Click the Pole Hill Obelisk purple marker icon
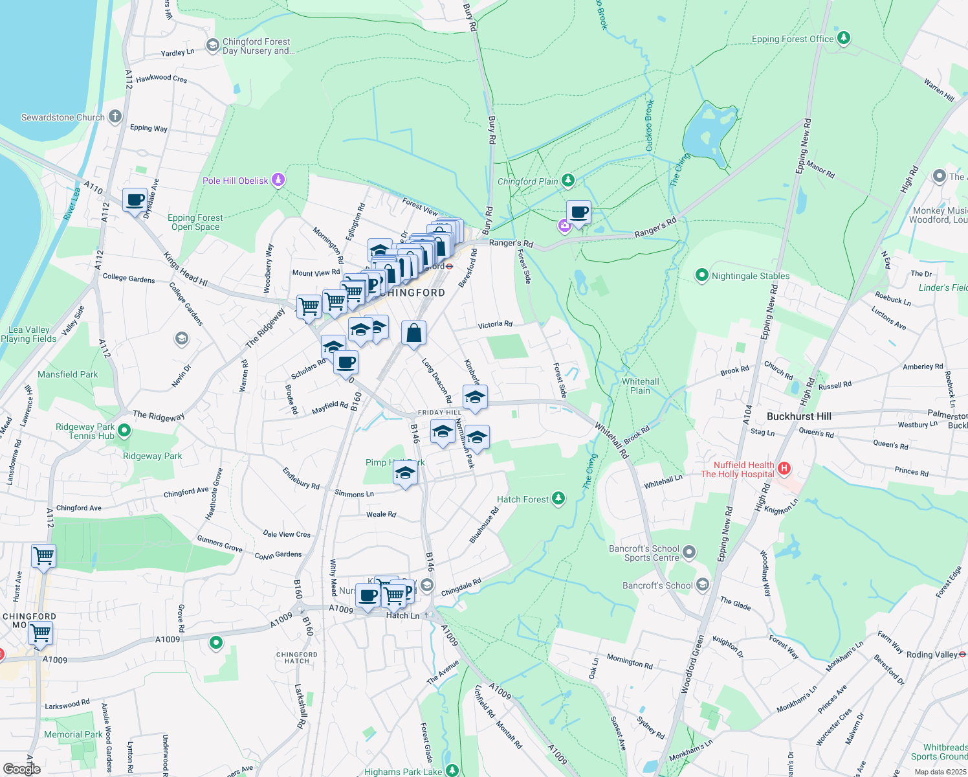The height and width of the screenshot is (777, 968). pos(278,180)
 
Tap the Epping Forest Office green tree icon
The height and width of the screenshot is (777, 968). pos(843,38)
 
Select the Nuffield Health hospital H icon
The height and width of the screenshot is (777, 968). pos(784,468)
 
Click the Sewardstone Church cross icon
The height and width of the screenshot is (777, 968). pos(115,117)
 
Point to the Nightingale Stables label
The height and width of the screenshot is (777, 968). pos(751,276)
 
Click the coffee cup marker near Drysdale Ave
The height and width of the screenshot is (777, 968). pos(135,200)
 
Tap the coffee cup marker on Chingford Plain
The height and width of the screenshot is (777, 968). pos(578,212)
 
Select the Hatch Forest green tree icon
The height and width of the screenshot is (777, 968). pos(558,499)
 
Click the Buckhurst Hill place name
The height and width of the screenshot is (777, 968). pos(798,416)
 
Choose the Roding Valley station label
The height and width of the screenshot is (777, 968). pos(932,655)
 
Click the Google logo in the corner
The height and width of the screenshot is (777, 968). pos(21,769)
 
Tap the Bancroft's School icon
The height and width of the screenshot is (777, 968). pos(703,585)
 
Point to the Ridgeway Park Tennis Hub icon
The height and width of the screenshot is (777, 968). pos(125,430)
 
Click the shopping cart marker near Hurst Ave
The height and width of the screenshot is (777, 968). pos(43,556)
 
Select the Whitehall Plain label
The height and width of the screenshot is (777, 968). pos(640,386)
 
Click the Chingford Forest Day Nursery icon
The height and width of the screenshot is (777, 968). pos(212,45)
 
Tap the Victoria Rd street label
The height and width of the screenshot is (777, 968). pos(495,324)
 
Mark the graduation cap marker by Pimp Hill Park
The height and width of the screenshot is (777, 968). pos(405,473)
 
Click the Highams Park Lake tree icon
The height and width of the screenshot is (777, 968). pos(452,771)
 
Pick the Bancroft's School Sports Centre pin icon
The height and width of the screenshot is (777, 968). pos(689,552)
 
